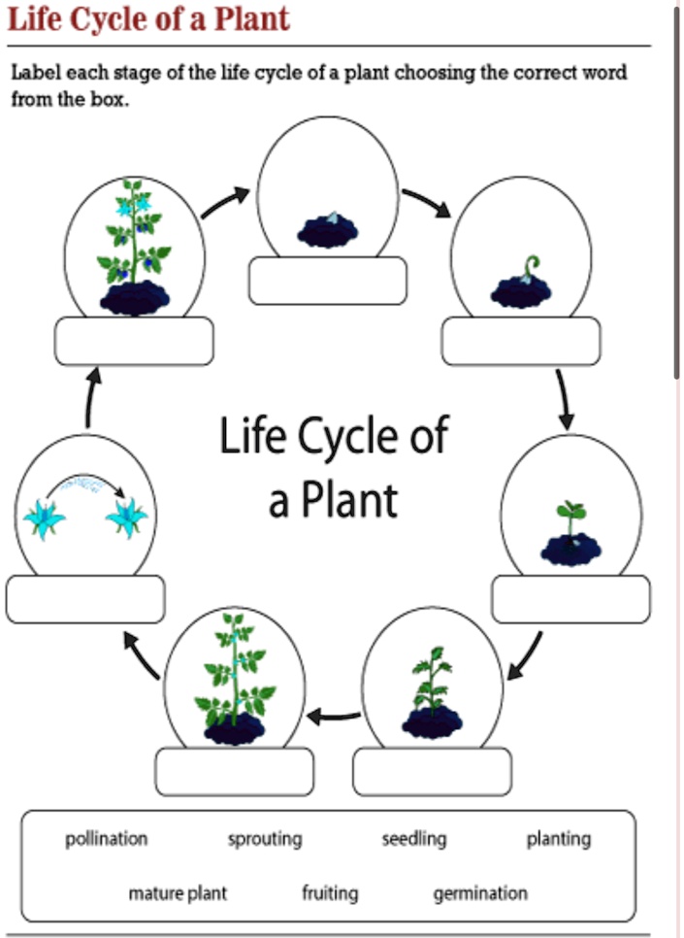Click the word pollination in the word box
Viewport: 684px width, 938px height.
[x=107, y=839]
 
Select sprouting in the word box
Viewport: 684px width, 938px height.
[x=265, y=839]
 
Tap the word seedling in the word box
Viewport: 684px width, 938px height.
[x=414, y=839]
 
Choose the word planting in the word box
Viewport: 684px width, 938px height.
[x=558, y=839]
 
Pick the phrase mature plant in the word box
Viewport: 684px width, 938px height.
[x=178, y=892]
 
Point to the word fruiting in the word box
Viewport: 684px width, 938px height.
[x=330, y=892]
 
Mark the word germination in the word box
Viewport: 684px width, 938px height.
[x=480, y=892]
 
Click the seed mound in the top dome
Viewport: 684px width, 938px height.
[x=327, y=231]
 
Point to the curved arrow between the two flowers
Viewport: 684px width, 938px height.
[x=86, y=483]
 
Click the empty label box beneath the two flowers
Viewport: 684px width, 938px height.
[x=85, y=599]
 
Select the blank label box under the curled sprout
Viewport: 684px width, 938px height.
[x=521, y=342]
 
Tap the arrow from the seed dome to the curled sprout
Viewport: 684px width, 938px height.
[x=426, y=202]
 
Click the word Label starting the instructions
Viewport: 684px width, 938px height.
[x=34, y=73]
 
